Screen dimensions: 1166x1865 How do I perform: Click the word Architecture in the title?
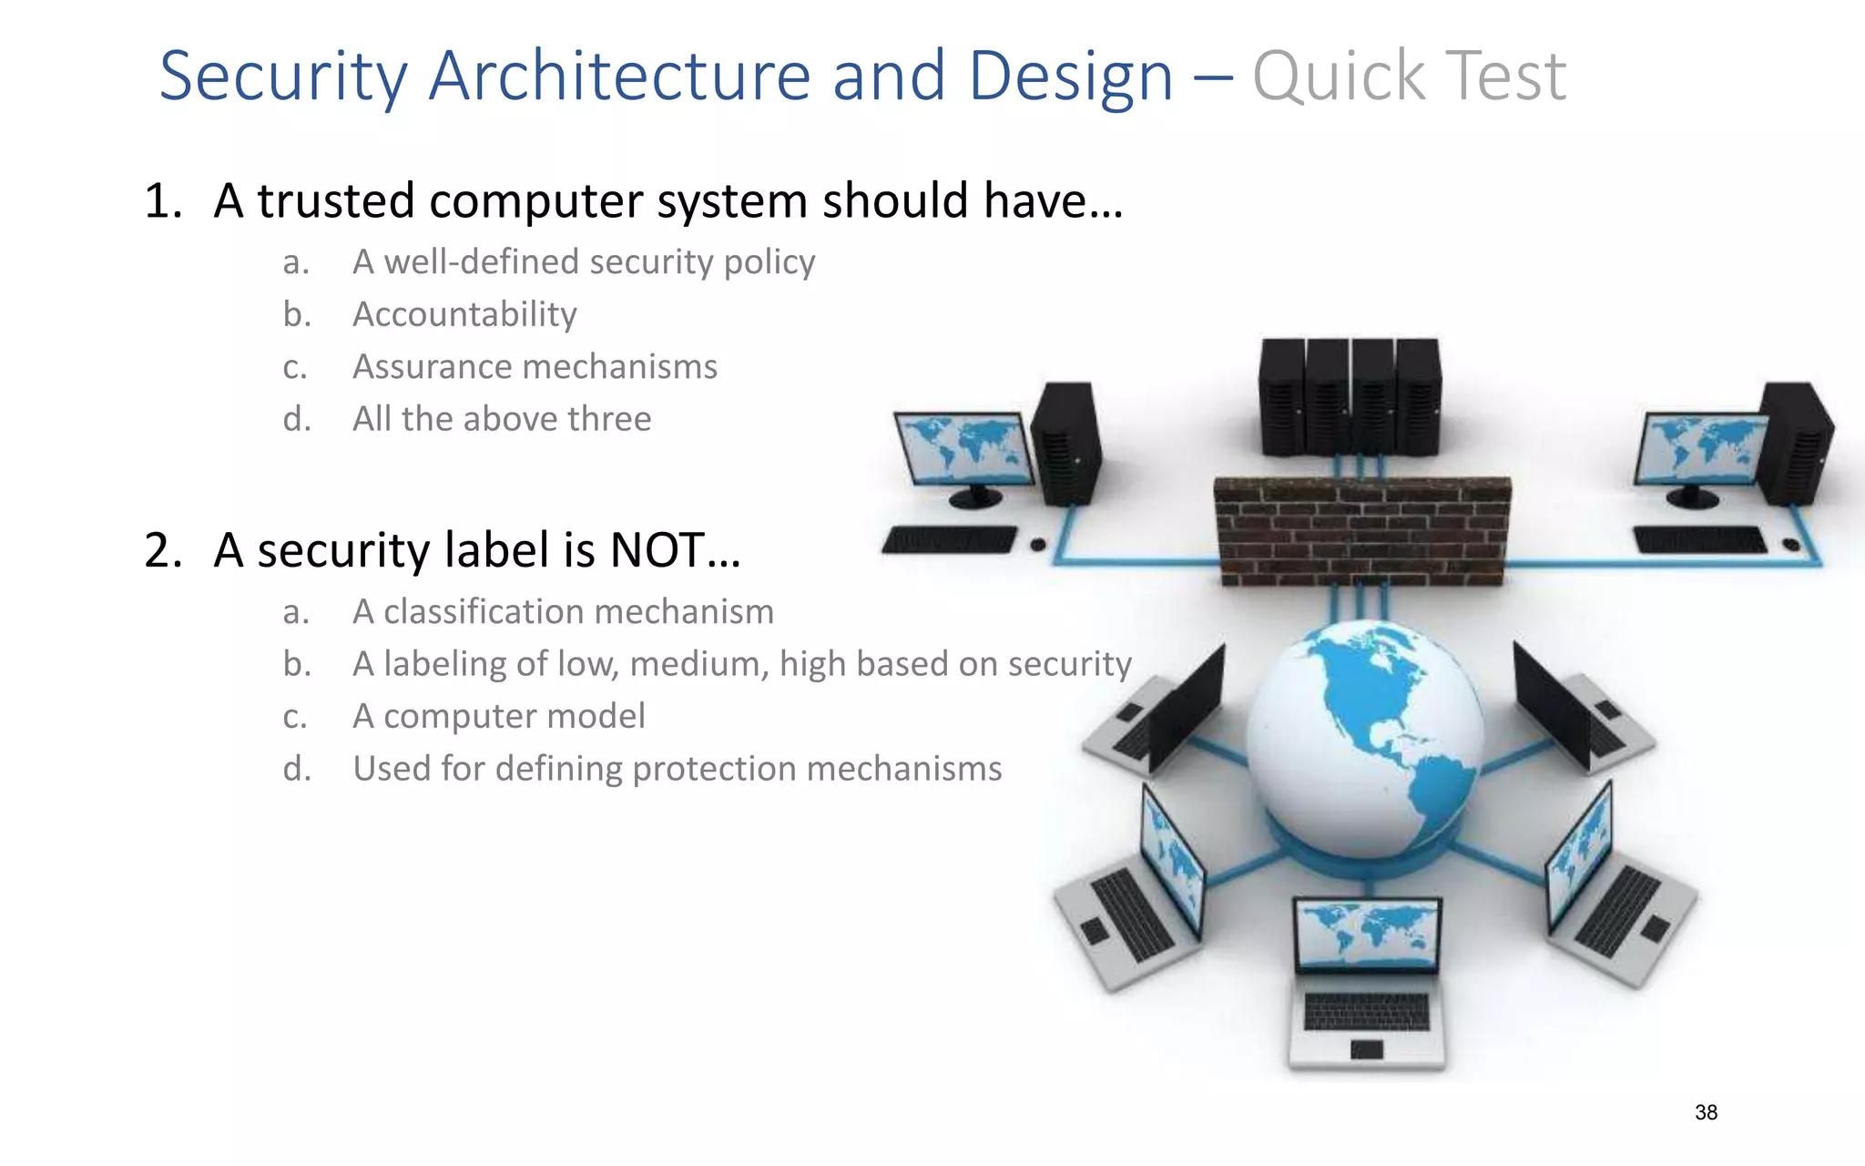[619, 77]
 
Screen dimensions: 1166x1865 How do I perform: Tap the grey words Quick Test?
[1409, 77]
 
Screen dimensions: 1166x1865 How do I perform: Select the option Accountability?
[464, 314]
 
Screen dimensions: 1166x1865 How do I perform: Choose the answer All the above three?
[502, 419]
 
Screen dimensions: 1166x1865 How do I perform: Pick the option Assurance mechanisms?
[535, 367]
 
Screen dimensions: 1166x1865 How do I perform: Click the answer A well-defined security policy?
[584, 262]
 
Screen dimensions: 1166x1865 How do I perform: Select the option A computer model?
[499, 716]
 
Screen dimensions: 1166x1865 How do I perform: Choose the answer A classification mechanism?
[563, 611]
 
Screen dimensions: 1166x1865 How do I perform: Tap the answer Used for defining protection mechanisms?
[677, 769]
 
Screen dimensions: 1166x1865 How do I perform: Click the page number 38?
[1706, 1112]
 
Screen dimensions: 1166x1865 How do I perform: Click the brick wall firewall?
[1362, 531]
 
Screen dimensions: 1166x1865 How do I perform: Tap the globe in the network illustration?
[1364, 738]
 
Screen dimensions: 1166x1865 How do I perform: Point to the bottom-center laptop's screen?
[1367, 936]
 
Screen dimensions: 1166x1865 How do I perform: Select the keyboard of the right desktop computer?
[1698, 539]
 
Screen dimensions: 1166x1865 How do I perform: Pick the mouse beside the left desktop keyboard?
[1037, 545]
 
